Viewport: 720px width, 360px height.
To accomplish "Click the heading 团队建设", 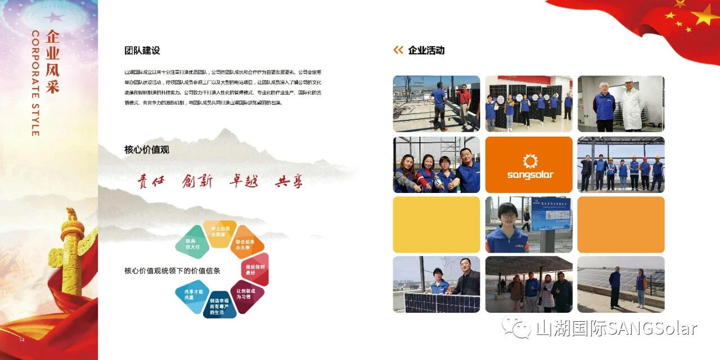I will [142, 51].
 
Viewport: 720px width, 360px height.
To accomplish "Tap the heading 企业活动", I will [426, 51].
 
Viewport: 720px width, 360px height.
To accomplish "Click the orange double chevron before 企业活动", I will [398, 51].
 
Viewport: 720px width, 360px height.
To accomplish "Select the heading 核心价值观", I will [147, 150].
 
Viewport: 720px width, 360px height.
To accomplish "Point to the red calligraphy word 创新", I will [197, 181].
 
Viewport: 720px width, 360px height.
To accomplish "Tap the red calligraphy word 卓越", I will [244, 181].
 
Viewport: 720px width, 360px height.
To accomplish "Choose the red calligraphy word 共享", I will [289, 182].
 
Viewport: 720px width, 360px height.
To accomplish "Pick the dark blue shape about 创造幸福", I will [219, 305].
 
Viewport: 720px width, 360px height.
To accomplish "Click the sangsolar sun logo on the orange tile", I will [530, 161].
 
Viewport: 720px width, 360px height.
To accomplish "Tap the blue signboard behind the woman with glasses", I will [551, 214].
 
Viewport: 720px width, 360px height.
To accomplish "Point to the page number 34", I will [22, 340].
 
